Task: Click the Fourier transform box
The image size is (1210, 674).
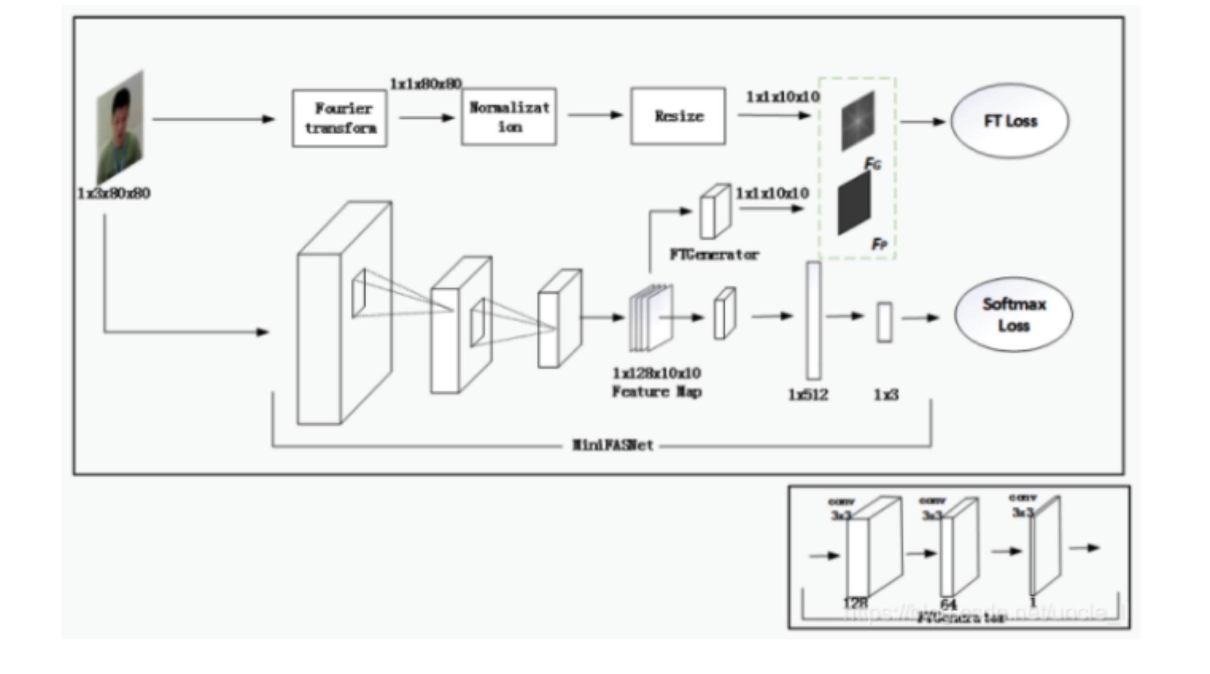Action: [340, 118]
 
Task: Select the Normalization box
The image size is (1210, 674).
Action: [509, 117]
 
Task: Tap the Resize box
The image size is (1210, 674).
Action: [678, 116]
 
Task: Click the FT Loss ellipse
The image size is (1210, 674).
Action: [1010, 121]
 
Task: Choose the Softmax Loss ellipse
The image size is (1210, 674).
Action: [1013, 315]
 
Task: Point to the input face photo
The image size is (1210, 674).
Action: [120, 128]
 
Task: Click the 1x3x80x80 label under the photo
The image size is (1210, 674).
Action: [114, 193]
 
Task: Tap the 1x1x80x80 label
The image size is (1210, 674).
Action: [425, 84]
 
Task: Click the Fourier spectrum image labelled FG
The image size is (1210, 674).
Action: [858, 121]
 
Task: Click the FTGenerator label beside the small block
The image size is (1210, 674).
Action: [714, 255]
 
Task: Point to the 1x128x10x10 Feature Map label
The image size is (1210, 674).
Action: [657, 382]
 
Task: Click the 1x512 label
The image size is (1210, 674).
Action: [808, 395]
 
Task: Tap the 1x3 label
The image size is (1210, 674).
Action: [886, 395]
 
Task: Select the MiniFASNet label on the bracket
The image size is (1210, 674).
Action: [613, 445]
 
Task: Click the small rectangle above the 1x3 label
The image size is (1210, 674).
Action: [884, 322]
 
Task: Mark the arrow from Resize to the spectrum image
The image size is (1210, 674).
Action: [774, 115]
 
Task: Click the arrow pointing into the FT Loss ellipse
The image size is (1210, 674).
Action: [922, 121]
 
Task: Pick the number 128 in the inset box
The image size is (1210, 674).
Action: [856, 603]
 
